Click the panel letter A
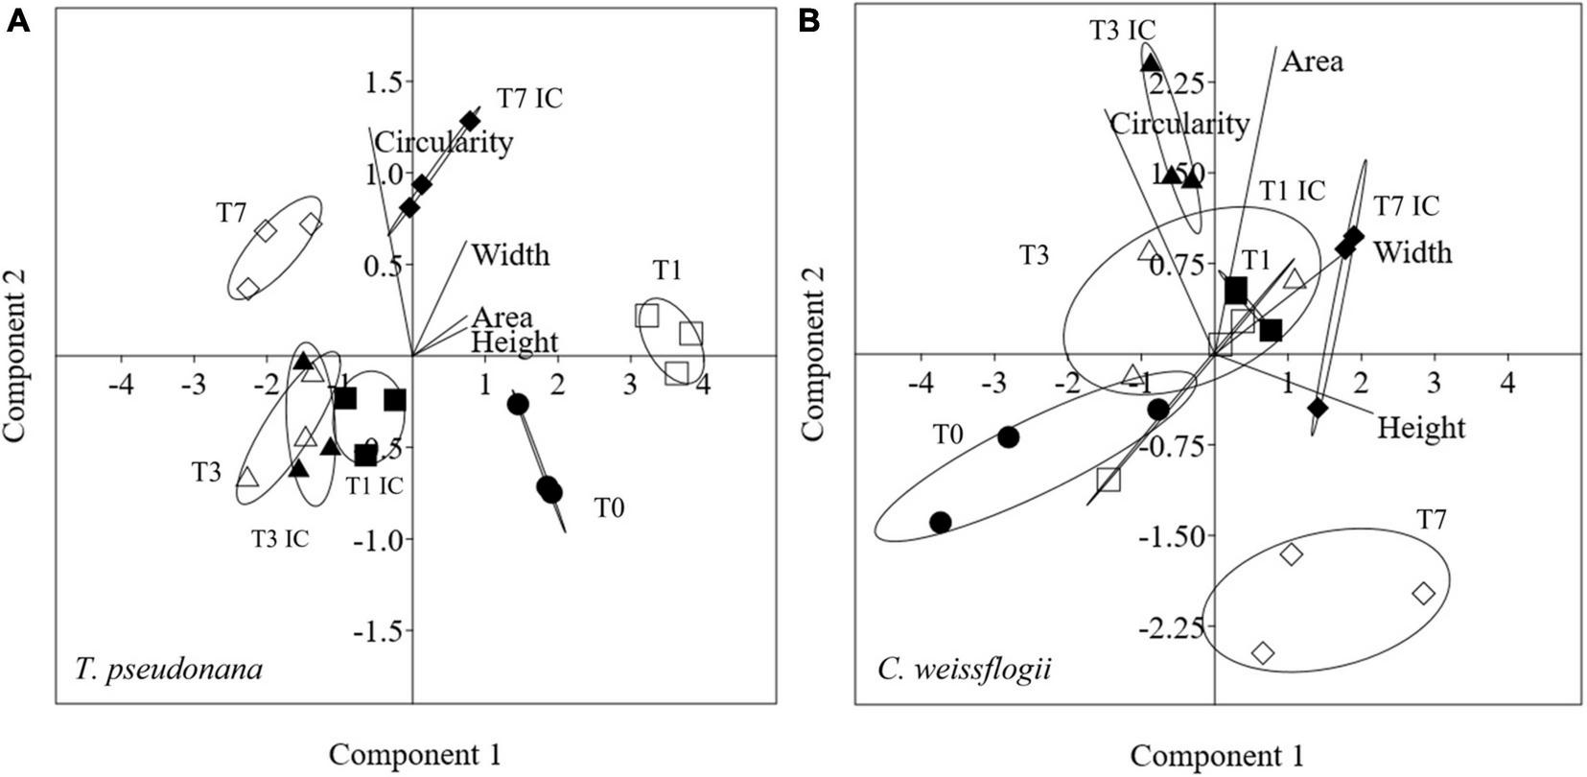click(x=18, y=21)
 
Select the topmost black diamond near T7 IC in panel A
click(x=470, y=121)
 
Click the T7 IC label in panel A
click(x=529, y=98)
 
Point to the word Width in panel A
click(x=511, y=255)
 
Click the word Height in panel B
click(x=1421, y=427)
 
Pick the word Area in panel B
click(x=1313, y=62)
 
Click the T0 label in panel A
click(x=610, y=507)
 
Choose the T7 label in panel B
click(x=1431, y=520)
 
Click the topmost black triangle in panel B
click(x=1151, y=63)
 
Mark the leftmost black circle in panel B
click(x=940, y=522)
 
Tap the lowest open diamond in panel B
click(x=1263, y=653)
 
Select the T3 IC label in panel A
click(x=280, y=538)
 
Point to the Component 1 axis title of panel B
click(x=1216, y=754)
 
